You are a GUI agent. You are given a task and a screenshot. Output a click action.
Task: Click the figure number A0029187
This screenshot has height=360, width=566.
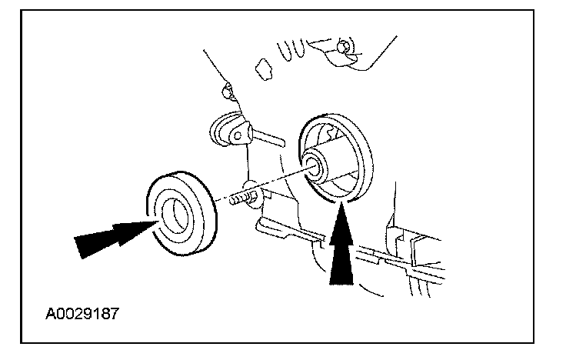click(x=82, y=314)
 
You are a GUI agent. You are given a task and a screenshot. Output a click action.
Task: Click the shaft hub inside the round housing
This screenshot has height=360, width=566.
click(x=317, y=165)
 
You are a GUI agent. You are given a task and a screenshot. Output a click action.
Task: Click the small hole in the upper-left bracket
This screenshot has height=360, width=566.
click(x=237, y=135)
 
